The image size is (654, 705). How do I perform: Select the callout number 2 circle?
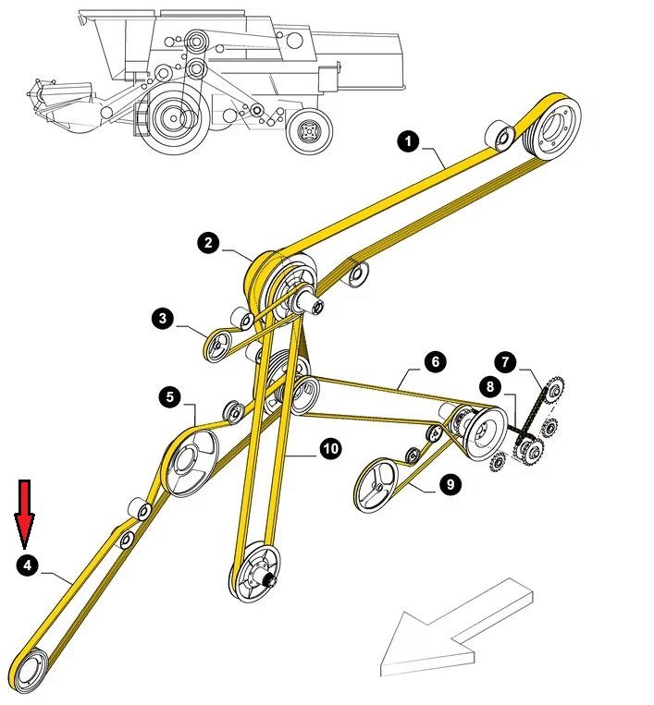coord(209,243)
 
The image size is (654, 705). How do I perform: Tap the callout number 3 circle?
coord(164,319)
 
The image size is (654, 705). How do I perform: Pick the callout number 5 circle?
coord(169,396)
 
